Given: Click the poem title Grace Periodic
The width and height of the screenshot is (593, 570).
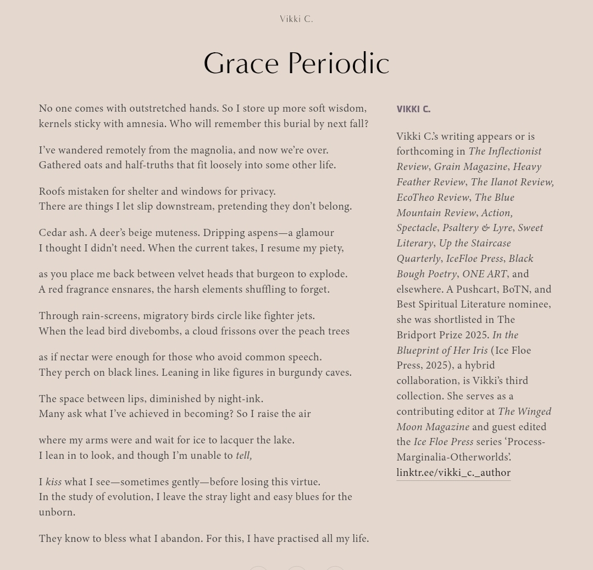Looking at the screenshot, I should pos(296,63).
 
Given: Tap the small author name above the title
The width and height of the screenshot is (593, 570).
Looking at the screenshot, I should pos(296,19).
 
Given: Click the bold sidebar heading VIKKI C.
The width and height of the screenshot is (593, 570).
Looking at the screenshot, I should pos(413,109).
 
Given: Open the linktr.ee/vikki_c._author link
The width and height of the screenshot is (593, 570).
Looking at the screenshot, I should pos(453,473).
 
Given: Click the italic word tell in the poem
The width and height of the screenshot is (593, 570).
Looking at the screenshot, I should pos(243,456).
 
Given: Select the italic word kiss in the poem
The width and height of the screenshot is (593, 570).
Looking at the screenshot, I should pos(53,482).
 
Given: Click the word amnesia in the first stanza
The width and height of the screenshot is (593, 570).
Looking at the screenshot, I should pos(146,124).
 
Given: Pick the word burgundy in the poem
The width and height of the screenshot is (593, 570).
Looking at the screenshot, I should pos(300,372).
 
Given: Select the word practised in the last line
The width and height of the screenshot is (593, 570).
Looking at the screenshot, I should pos(297,539).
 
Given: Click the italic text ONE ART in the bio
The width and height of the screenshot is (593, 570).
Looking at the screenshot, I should pos(484,274).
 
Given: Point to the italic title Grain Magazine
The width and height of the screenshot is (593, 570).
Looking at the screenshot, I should pos(470,167).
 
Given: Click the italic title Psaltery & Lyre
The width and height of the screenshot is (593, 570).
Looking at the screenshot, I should pos(477,228).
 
